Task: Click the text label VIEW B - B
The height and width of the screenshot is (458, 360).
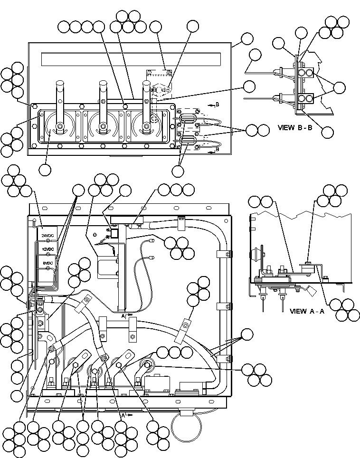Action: tap(295, 127)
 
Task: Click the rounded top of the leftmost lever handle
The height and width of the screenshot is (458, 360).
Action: tap(60, 83)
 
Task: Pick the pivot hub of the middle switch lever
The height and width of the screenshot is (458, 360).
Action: tap(103, 126)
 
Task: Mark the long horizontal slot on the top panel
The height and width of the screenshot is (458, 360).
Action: tap(133, 59)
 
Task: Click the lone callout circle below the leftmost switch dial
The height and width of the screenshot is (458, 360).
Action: tap(46, 170)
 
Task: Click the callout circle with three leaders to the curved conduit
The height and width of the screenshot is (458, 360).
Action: tap(247, 334)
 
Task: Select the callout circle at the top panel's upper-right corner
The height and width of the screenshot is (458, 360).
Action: tap(247, 38)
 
